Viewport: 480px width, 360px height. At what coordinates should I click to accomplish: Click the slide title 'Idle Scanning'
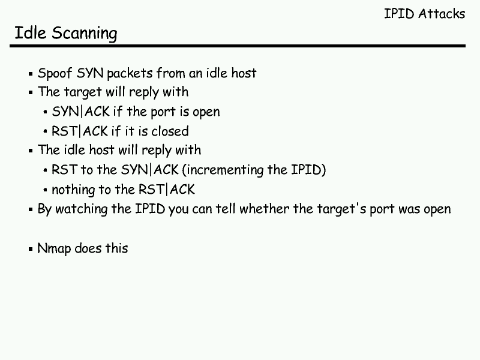(65, 34)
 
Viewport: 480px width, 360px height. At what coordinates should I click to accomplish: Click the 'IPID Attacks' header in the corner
(424, 14)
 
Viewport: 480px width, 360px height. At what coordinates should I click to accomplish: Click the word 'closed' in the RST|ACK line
(170, 131)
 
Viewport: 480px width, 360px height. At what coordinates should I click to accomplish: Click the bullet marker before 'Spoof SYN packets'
(31, 74)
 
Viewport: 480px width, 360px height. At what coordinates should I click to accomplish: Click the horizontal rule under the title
(240, 46)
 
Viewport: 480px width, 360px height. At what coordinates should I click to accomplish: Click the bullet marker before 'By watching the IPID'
(31, 210)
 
